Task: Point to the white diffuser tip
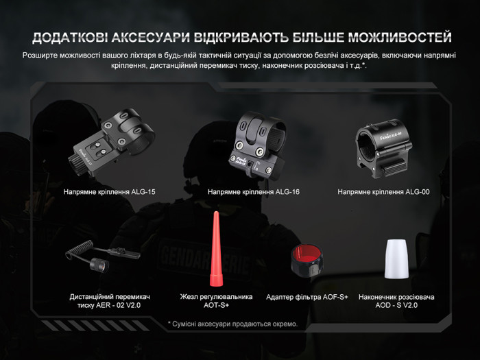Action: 396,260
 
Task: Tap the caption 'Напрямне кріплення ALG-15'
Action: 110,192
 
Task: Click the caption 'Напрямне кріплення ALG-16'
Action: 254,192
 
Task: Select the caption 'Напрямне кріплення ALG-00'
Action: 384,192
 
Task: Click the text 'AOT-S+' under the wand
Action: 216,306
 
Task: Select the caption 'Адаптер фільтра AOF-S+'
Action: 307,297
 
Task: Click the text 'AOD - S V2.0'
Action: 396,306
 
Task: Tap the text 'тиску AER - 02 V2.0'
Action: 110,306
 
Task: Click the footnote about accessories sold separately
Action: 233,324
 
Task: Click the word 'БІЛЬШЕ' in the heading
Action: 301,36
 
